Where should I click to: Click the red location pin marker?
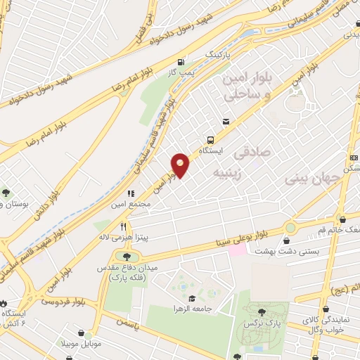pyautogui.click(x=181, y=165)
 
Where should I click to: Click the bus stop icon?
pyautogui.click(x=210, y=140)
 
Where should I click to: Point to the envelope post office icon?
pyautogui.click(x=225, y=122)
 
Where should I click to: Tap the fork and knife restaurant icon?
pyautogui.click(x=124, y=226)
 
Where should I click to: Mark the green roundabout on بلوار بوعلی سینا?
pyautogui.click(x=290, y=228)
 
